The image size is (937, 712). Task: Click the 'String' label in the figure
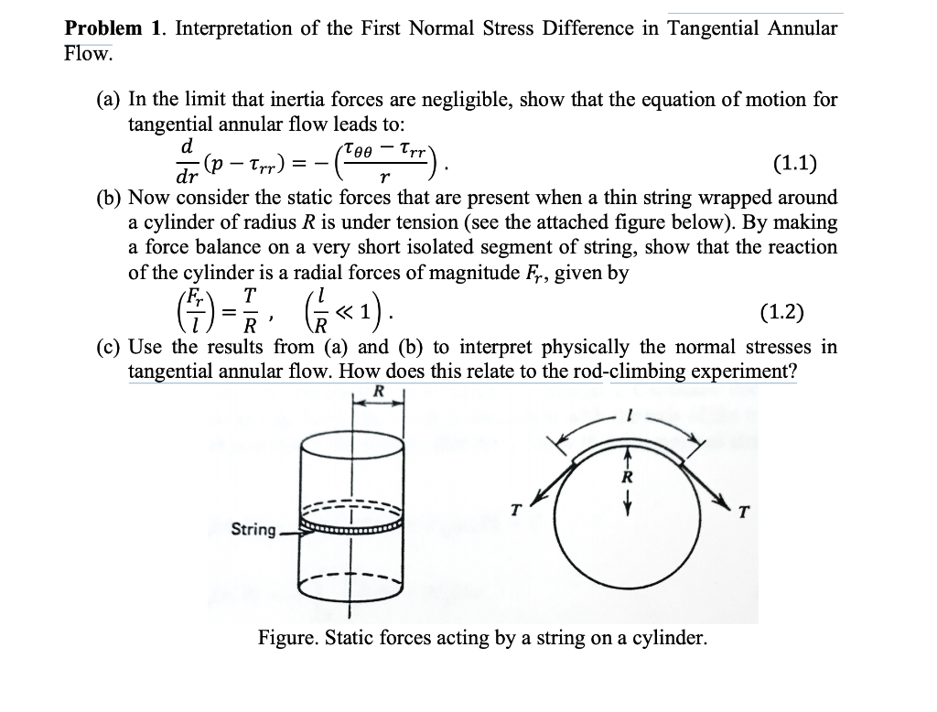253,529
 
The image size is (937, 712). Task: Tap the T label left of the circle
516,511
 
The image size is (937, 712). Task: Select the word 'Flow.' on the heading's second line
89,53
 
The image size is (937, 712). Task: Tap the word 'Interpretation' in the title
232,28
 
